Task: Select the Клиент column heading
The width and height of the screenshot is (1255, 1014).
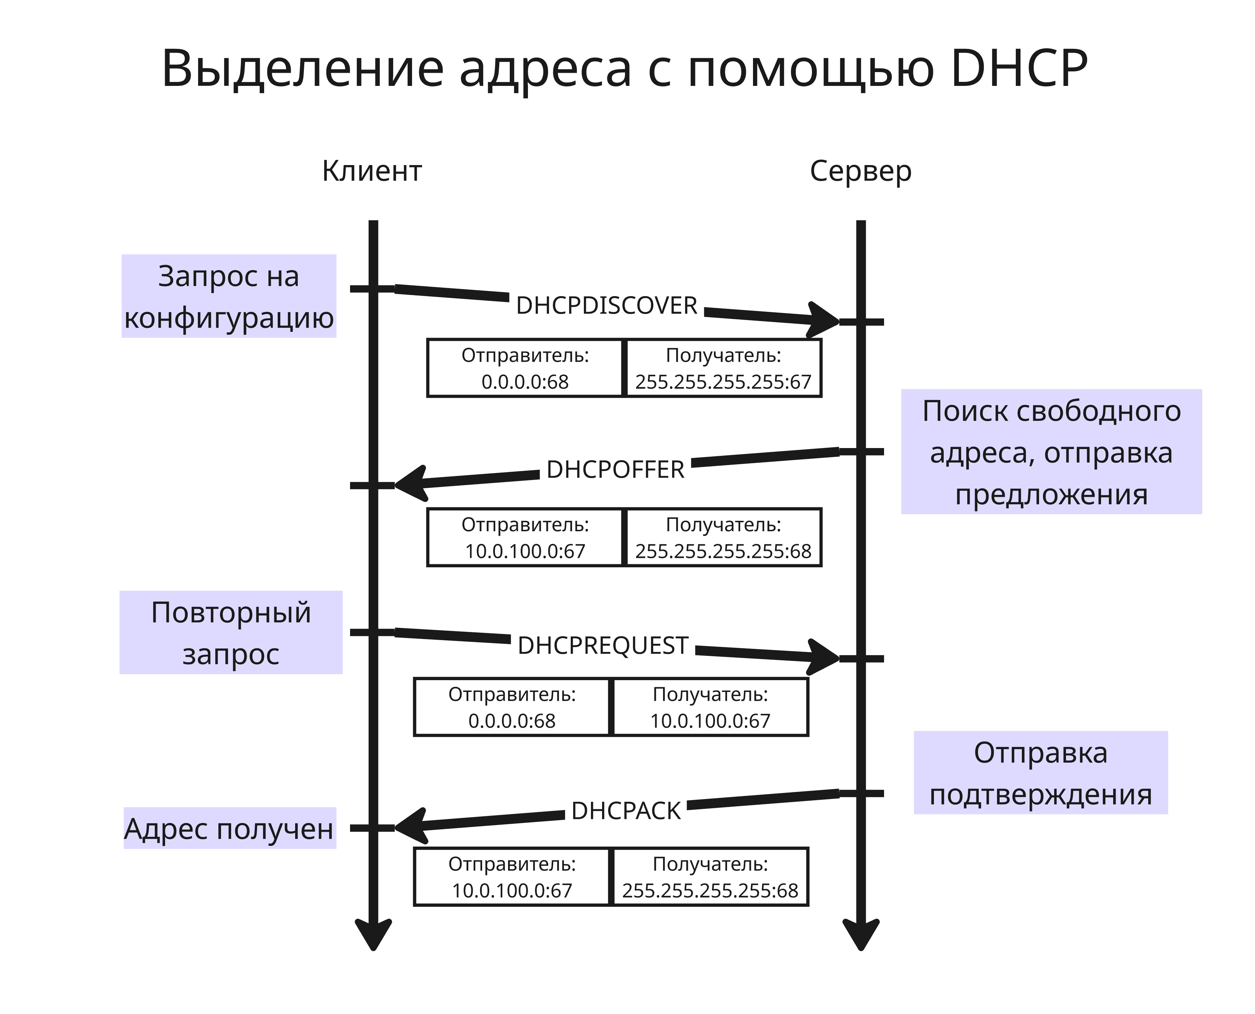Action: (x=372, y=171)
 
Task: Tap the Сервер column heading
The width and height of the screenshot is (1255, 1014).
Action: (x=860, y=171)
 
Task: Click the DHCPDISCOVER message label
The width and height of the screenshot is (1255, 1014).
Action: (x=606, y=306)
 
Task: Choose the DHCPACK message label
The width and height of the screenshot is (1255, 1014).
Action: (x=626, y=811)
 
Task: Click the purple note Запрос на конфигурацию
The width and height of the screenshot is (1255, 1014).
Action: (x=228, y=296)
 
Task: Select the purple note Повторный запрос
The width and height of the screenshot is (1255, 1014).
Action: (x=231, y=633)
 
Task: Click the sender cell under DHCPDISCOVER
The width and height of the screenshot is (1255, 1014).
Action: (x=525, y=368)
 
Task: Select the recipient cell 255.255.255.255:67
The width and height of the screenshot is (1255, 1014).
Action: (x=723, y=368)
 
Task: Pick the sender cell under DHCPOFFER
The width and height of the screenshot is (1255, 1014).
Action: (x=525, y=537)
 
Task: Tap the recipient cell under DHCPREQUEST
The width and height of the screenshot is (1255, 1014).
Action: (x=710, y=707)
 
